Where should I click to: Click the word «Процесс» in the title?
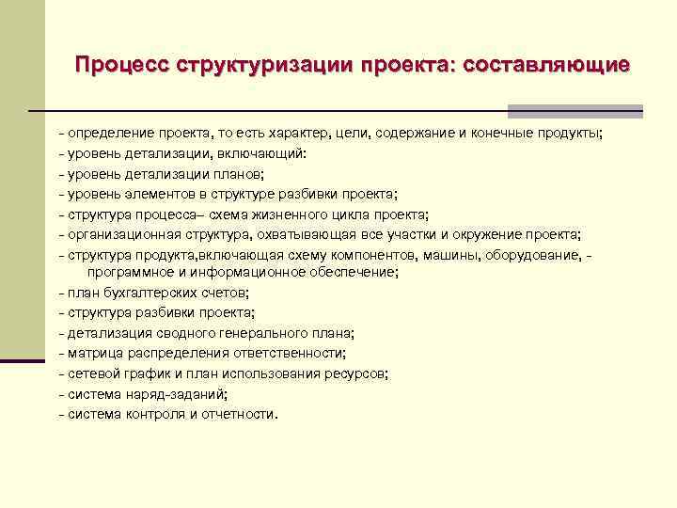point(119,66)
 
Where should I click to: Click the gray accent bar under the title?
point(575,110)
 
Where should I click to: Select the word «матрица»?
point(92,353)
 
